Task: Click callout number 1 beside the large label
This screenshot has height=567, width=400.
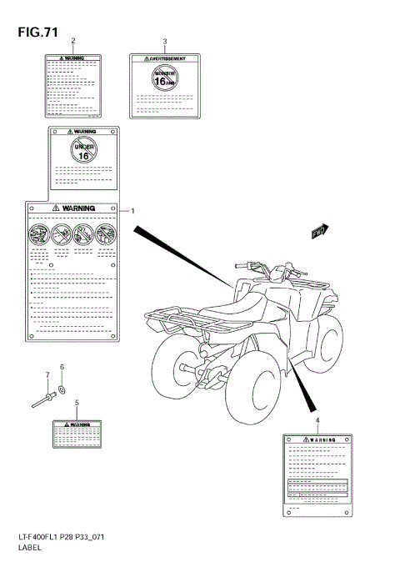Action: pyautogui.click(x=132, y=212)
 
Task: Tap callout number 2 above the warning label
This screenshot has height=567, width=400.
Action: pyautogui.click(x=73, y=41)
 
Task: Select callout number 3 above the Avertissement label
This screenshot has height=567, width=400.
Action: pyautogui.click(x=165, y=41)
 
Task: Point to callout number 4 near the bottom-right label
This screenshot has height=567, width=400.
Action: pyautogui.click(x=317, y=419)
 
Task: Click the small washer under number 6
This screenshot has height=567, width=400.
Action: pyautogui.click(x=62, y=390)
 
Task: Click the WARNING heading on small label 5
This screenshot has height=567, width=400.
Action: pyautogui.click(x=77, y=424)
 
